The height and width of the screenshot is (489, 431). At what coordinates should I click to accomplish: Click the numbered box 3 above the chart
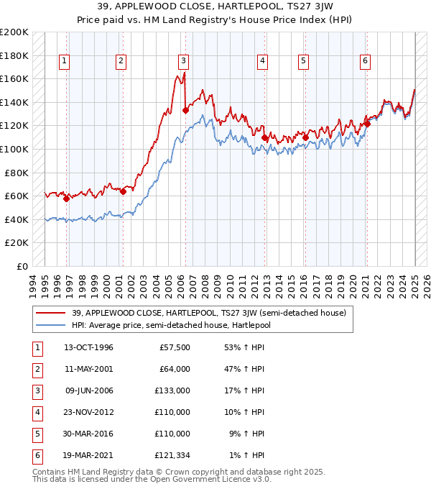(184, 61)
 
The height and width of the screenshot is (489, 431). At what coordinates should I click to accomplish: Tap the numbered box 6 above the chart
(366, 61)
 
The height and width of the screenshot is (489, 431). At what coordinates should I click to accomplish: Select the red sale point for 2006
(185, 110)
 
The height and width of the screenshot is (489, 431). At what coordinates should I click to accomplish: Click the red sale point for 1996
(66, 199)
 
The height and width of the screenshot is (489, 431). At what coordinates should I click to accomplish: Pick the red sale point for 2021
(366, 124)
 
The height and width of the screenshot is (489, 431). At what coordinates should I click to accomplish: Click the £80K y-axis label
(17, 173)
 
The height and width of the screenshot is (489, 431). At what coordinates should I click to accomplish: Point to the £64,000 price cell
(175, 370)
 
